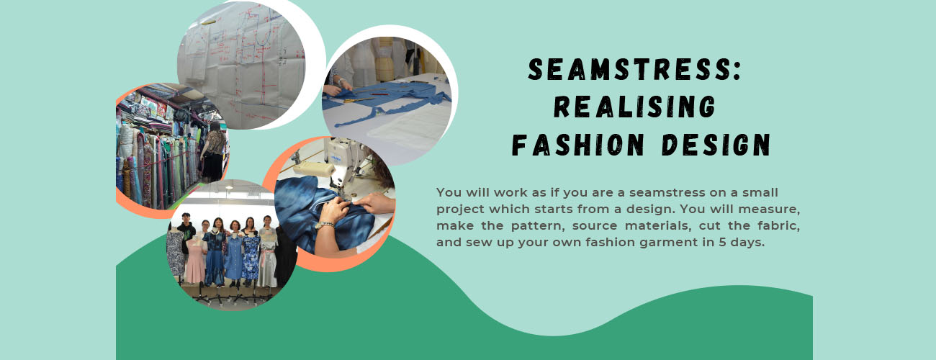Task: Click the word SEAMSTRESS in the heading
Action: click(x=629, y=69)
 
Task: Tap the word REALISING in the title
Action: click(x=634, y=107)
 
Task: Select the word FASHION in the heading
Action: click(x=578, y=145)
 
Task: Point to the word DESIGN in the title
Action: click(x=716, y=145)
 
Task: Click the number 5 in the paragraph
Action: click(x=722, y=242)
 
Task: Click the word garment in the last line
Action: click(x=673, y=243)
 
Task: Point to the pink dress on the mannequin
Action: click(x=195, y=261)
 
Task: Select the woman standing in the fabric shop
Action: click(x=214, y=151)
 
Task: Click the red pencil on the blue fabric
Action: click(x=378, y=94)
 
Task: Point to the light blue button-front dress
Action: click(x=233, y=256)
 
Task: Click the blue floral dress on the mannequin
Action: click(x=251, y=258)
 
